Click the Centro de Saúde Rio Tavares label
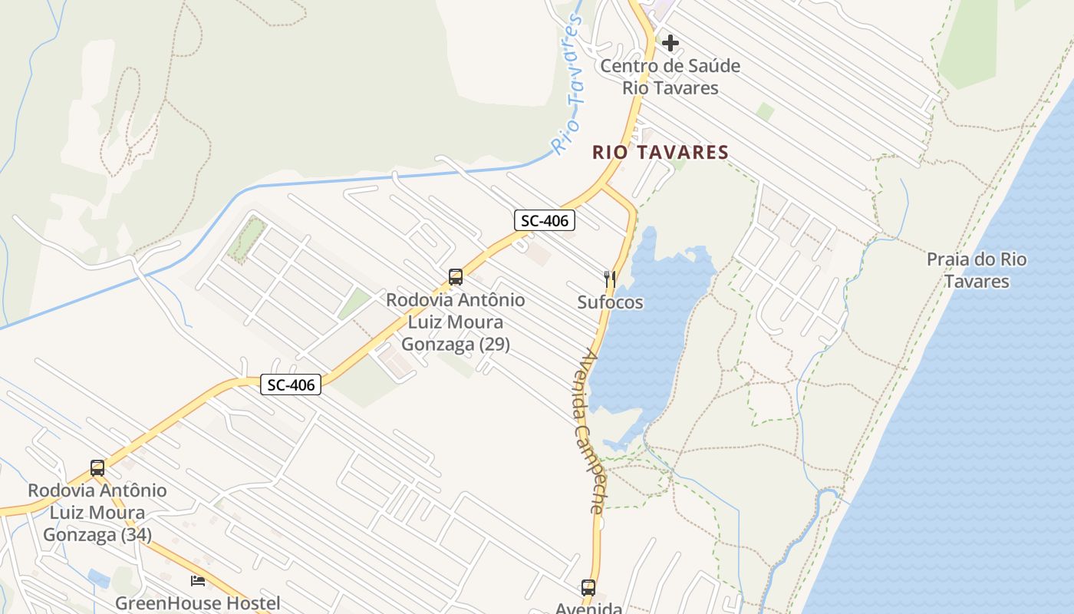[670, 77]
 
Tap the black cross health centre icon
[670, 43]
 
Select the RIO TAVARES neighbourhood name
[660, 153]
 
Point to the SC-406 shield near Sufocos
[544, 221]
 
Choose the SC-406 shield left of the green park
[290, 385]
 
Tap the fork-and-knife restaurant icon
[610, 279]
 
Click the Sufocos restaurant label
[610, 302]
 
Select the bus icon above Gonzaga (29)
[456, 277]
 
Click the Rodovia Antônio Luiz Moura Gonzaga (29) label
[456, 322]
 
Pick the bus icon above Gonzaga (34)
[97, 467]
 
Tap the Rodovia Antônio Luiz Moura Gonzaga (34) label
[97, 512]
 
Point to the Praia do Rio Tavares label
[976, 270]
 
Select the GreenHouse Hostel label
[198, 603]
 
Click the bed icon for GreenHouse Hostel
[198, 580]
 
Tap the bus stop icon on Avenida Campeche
[588, 588]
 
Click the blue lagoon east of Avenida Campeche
[652, 330]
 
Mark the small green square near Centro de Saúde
[765, 112]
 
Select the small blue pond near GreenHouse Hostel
[99, 578]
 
